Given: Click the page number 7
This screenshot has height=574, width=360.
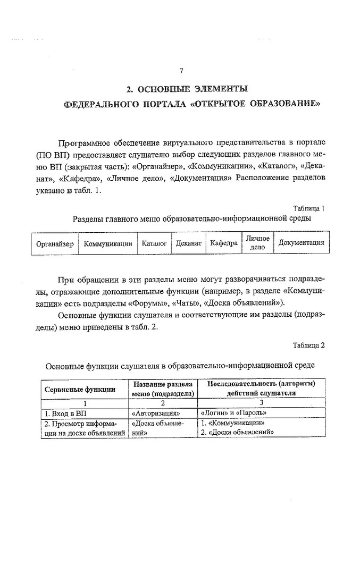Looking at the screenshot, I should click(181, 71).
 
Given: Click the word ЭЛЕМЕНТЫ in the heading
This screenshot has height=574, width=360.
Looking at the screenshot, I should click(218, 89).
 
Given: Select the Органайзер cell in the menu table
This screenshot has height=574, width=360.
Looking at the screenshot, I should click(54, 244).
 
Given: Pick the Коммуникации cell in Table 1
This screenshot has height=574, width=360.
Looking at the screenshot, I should click(108, 244).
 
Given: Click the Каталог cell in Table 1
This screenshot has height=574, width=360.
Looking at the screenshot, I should click(154, 244).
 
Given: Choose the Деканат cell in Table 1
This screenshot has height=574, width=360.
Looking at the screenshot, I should click(188, 244).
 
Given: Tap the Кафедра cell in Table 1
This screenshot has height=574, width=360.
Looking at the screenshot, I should click(223, 244).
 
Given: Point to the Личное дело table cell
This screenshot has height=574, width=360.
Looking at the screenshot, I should click(257, 243).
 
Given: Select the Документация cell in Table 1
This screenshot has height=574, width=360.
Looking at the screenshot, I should click(301, 243).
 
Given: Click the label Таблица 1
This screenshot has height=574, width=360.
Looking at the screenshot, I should click(308, 208).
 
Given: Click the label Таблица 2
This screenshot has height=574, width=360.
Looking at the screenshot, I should click(308, 345).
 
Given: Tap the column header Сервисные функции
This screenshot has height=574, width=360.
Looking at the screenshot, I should click(80, 389).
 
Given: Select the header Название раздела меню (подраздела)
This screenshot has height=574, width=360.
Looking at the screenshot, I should click(163, 389).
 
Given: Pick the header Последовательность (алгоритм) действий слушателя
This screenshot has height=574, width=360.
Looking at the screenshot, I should click(261, 389).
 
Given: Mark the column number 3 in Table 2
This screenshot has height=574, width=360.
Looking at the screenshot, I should click(261, 403).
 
